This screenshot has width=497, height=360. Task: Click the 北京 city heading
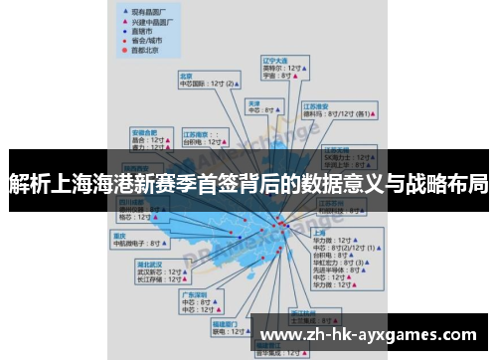pyautogui.click(x=186, y=75)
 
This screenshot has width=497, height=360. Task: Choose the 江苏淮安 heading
pyautogui.click(x=316, y=105)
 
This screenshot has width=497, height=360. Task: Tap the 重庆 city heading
pyautogui.click(x=120, y=235)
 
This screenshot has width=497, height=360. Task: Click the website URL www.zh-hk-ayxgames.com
pyautogui.click(x=373, y=334)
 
